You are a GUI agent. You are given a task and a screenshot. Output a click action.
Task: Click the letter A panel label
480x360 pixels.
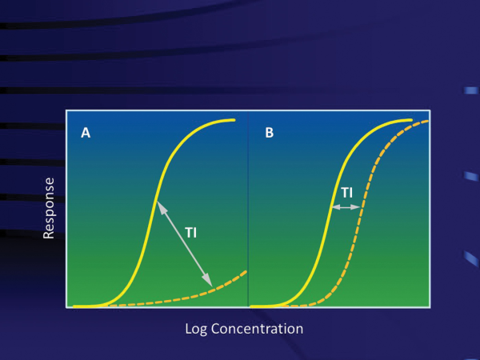[x=86, y=133]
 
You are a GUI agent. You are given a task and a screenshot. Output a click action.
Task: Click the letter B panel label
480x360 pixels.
[x=270, y=133]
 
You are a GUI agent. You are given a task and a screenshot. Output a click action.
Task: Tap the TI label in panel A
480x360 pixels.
[x=190, y=233]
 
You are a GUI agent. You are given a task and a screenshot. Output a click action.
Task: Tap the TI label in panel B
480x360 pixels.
[x=347, y=193]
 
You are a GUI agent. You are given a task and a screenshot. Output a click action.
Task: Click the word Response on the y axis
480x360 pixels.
[x=49, y=208]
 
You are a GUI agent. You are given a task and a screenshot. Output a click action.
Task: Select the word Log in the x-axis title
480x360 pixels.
[x=196, y=330]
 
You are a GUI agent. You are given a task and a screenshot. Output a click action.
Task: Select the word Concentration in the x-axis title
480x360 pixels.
[x=257, y=329]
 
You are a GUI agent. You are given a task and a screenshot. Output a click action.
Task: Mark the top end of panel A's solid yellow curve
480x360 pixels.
[x=234, y=120]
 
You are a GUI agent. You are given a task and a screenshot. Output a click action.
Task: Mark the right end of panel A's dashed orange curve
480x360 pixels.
[x=246, y=272]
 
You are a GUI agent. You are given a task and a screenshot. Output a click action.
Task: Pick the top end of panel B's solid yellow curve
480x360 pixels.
[x=411, y=120]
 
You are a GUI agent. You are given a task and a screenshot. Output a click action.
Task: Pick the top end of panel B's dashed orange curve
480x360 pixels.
[x=428, y=122]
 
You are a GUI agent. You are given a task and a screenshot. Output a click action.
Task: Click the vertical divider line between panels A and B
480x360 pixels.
[x=248, y=209]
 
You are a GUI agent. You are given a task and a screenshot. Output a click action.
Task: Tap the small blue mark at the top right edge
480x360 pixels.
[x=471, y=90]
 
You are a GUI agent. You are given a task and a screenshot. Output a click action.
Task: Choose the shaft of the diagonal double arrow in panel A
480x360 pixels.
[x=185, y=244]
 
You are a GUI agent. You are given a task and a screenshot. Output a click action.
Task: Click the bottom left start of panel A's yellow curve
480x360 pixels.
[x=74, y=306]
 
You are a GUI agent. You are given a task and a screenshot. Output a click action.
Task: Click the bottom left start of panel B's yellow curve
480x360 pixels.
[x=251, y=306]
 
